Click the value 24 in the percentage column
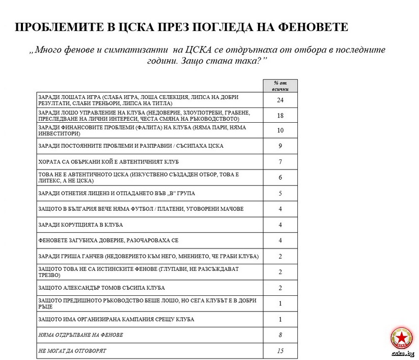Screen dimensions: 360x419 [x=280, y=100]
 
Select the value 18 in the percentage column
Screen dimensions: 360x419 [x=280, y=116]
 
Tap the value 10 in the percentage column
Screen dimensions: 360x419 [x=280, y=130]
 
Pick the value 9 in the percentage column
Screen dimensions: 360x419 [x=280, y=146]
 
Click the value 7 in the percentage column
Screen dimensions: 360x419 [x=280, y=161]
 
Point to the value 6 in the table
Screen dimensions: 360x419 [x=280, y=177]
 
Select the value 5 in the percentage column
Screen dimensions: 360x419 [x=280, y=193]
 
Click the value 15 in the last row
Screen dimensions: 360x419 [x=280, y=351]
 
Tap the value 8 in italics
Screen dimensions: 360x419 [x=280, y=335]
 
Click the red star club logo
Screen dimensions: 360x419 [x=402, y=339]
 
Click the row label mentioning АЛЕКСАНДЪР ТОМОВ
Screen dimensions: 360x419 [x=101, y=288]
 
